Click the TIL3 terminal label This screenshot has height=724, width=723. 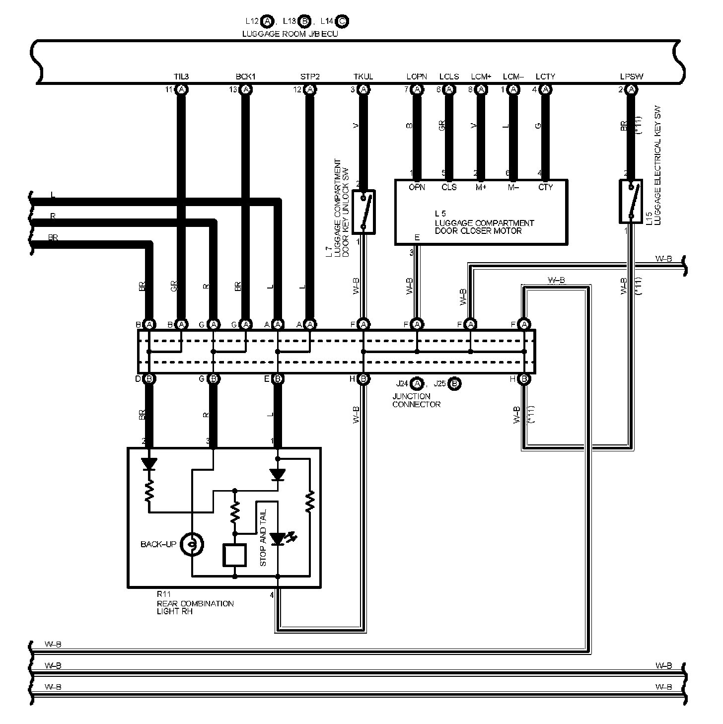pos(181,77)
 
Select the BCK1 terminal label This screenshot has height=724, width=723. pos(245,77)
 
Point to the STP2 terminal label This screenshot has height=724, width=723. pos(310,77)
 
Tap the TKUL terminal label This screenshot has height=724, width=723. pos(363,77)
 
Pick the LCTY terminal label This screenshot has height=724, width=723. pos(545,77)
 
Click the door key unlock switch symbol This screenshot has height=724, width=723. pos(363,212)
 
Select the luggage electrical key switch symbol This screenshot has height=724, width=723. pos(631,202)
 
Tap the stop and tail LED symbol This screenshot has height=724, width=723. pos(278,538)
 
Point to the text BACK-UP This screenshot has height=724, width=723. pos(158,545)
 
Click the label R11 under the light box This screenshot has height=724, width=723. pos(163,594)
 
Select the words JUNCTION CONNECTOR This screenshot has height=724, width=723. pos(416,400)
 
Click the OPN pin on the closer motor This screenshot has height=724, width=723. pos(417,188)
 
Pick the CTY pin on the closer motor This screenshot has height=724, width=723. pos(545,188)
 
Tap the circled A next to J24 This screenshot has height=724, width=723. pos(418,384)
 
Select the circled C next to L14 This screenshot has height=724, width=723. pos(342,21)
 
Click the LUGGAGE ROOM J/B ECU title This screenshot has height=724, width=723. pos(290,34)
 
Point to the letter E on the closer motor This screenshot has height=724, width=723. pos(417,238)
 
